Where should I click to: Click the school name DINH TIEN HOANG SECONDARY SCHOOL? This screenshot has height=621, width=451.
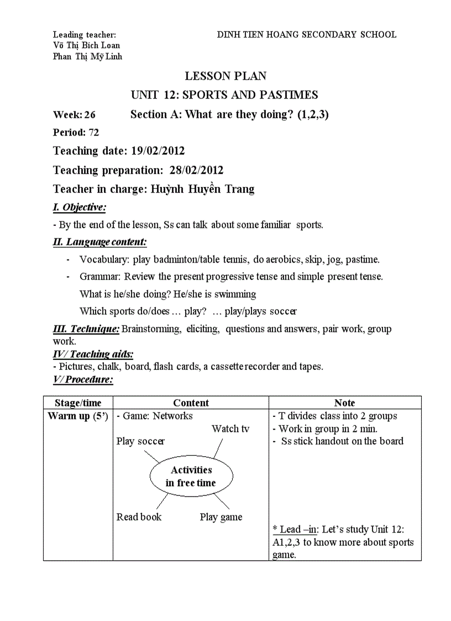(x=307, y=35)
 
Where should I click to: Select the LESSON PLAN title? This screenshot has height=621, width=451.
(x=225, y=76)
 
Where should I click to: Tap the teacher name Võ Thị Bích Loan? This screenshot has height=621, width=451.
(x=86, y=45)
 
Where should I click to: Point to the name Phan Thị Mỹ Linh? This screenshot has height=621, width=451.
(x=87, y=56)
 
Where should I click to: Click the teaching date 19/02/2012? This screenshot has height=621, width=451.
(x=158, y=151)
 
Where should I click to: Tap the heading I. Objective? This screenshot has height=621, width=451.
(x=79, y=207)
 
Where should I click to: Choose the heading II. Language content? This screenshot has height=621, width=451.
(x=99, y=242)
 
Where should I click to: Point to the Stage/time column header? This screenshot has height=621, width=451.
(x=78, y=403)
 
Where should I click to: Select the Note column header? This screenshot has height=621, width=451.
(x=344, y=403)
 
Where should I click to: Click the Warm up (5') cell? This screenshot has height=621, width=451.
(x=78, y=416)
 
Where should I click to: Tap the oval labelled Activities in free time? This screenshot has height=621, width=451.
(x=191, y=476)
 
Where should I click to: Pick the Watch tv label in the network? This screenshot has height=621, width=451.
(x=230, y=429)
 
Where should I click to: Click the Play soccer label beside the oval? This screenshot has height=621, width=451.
(x=140, y=441)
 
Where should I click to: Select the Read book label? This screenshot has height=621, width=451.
(x=139, y=517)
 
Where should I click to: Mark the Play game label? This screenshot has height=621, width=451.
(x=221, y=518)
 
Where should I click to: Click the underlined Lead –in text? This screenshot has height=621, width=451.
(x=296, y=529)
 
